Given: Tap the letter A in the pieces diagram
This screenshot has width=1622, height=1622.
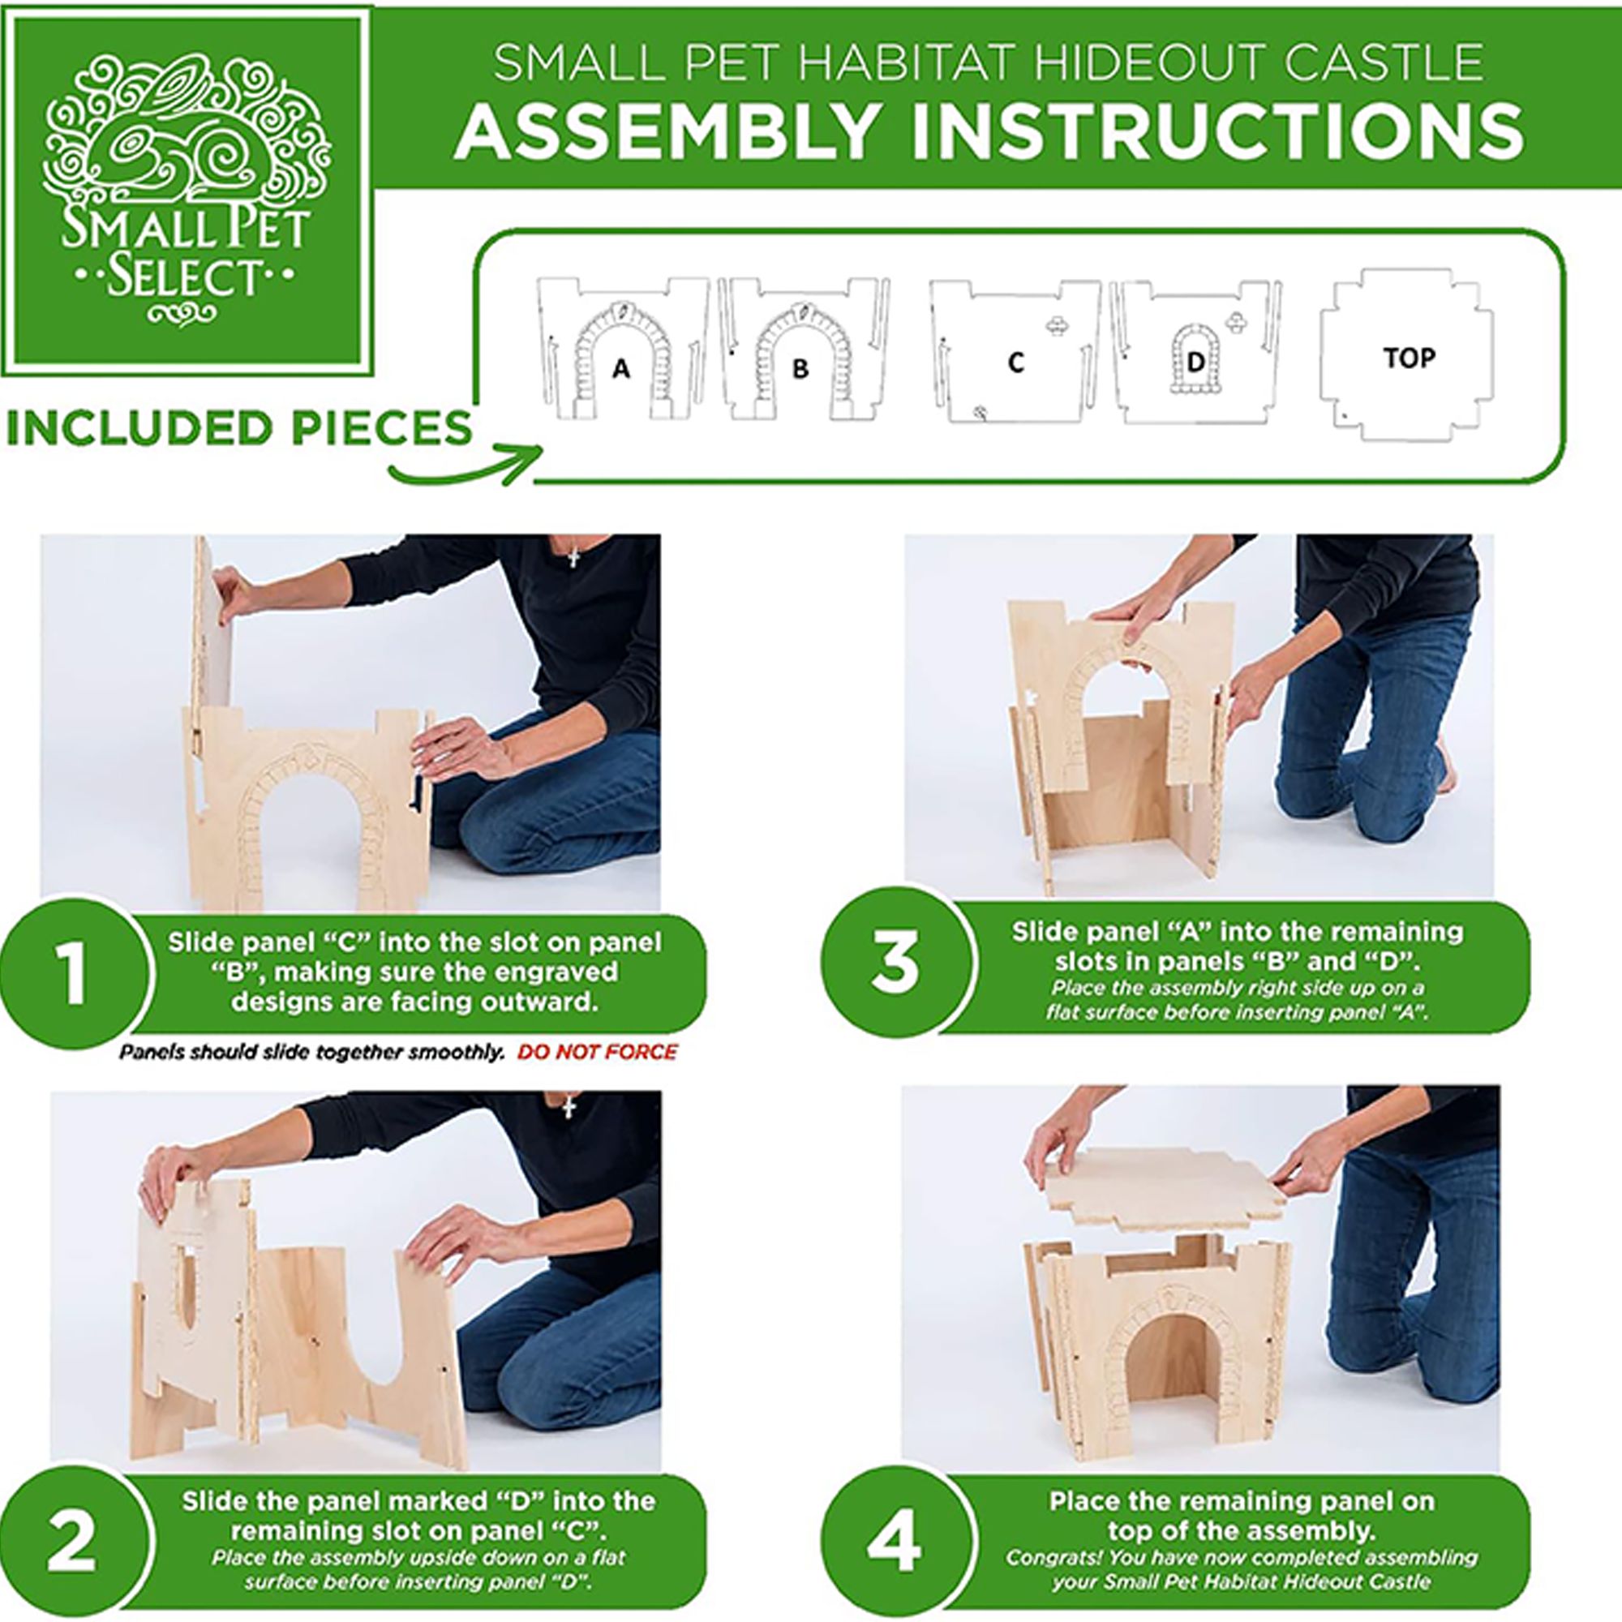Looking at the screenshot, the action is click(x=620, y=367).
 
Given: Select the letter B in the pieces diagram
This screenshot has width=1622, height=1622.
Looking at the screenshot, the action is click(x=800, y=367).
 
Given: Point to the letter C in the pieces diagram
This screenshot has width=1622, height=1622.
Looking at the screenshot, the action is click(x=1016, y=362).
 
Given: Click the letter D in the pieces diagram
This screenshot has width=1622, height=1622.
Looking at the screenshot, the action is click(x=1196, y=362).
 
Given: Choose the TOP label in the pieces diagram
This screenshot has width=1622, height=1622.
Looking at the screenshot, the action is click(x=1410, y=358).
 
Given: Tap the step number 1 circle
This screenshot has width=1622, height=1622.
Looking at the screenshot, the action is click(x=74, y=973).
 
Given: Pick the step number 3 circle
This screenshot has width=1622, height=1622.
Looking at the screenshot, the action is click(x=896, y=963).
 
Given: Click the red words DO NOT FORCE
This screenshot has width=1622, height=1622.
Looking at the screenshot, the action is click(x=598, y=1052).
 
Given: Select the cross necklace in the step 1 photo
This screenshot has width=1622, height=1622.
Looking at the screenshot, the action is click(x=574, y=556).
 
